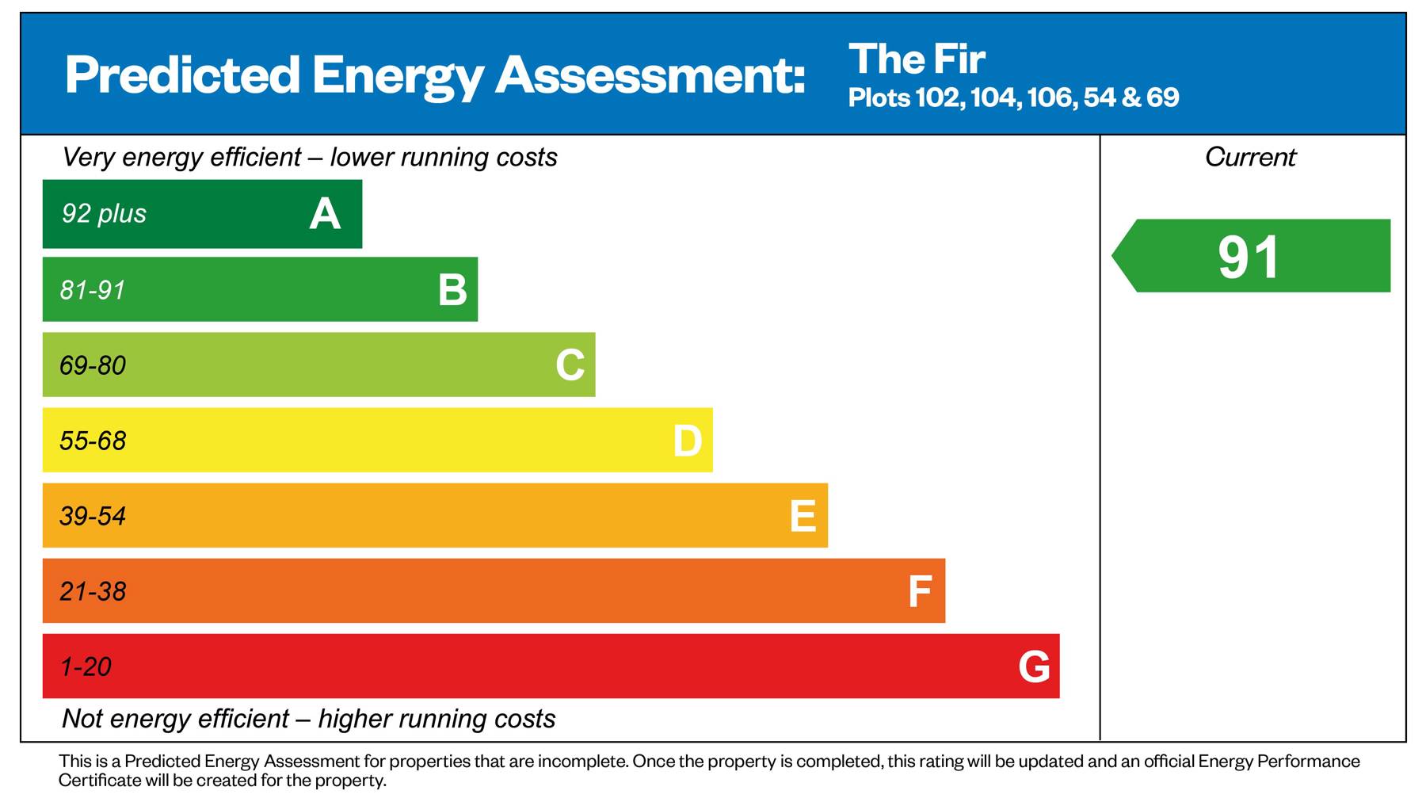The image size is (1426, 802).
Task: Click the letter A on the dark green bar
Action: [x=325, y=214]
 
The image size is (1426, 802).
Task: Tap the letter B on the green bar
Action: [x=452, y=290]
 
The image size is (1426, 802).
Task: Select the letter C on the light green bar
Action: [x=570, y=365]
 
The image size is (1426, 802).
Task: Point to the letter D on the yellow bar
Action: [x=687, y=441]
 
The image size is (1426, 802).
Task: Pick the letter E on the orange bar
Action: [x=803, y=516]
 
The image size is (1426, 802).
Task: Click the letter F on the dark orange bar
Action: [x=919, y=591]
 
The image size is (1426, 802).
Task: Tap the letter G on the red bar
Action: [x=1034, y=666]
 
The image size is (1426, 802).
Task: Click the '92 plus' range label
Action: [x=104, y=214]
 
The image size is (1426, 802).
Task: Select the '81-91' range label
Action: [x=93, y=290]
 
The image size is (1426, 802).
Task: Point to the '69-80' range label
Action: [x=93, y=365]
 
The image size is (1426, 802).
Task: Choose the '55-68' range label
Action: [x=93, y=441]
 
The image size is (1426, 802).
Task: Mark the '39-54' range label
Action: [x=93, y=516]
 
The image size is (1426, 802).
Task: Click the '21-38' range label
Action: [x=93, y=591]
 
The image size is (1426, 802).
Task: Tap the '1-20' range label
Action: [x=86, y=666]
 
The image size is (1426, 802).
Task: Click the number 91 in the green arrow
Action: [x=1249, y=257]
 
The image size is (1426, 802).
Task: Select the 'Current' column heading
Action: [x=1250, y=157]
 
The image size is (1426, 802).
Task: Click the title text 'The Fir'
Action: [x=917, y=59]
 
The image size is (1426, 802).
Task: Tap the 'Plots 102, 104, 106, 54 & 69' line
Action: [x=1013, y=97]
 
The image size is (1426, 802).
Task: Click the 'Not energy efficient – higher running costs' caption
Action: [x=308, y=719]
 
